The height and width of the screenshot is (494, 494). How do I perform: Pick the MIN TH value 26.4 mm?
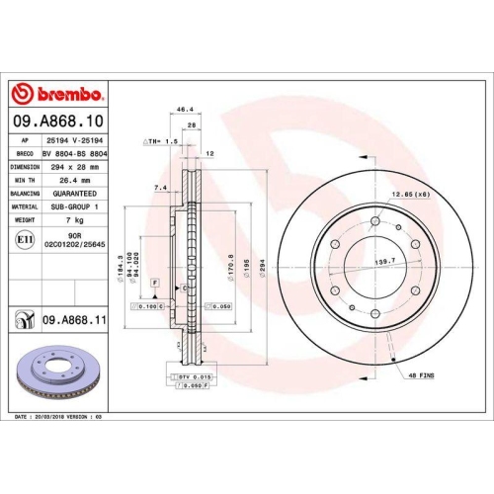tap(71, 181)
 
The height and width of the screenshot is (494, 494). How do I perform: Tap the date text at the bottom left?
tap(59, 419)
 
